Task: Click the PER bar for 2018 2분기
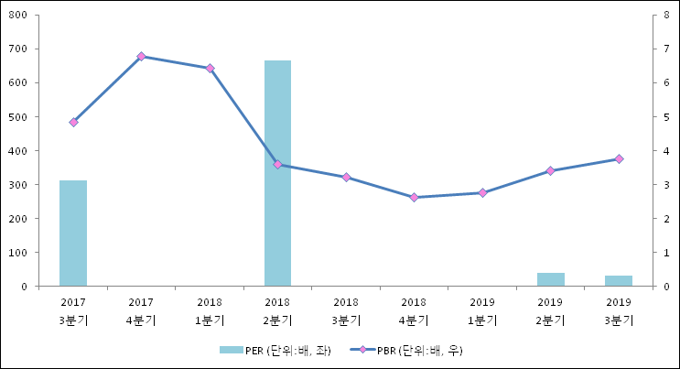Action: point(277,173)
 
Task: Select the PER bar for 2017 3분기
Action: point(73,233)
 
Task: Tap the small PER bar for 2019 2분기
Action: point(550,279)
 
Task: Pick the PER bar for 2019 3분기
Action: point(619,281)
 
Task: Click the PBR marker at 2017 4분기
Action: point(141,57)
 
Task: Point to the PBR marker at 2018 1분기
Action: point(210,68)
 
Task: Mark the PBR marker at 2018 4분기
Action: point(414,197)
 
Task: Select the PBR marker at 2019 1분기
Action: point(482,192)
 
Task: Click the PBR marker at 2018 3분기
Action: point(346,177)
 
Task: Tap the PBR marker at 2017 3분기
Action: point(73,122)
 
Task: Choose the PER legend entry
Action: point(275,350)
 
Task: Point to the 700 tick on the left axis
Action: point(18,49)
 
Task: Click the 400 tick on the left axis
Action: point(18,150)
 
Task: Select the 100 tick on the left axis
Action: point(18,253)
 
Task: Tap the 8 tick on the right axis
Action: point(667,15)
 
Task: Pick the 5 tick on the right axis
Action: point(667,116)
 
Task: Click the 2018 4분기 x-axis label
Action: point(414,311)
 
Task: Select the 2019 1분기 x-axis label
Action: point(482,311)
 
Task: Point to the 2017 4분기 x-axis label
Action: point(141,311)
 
